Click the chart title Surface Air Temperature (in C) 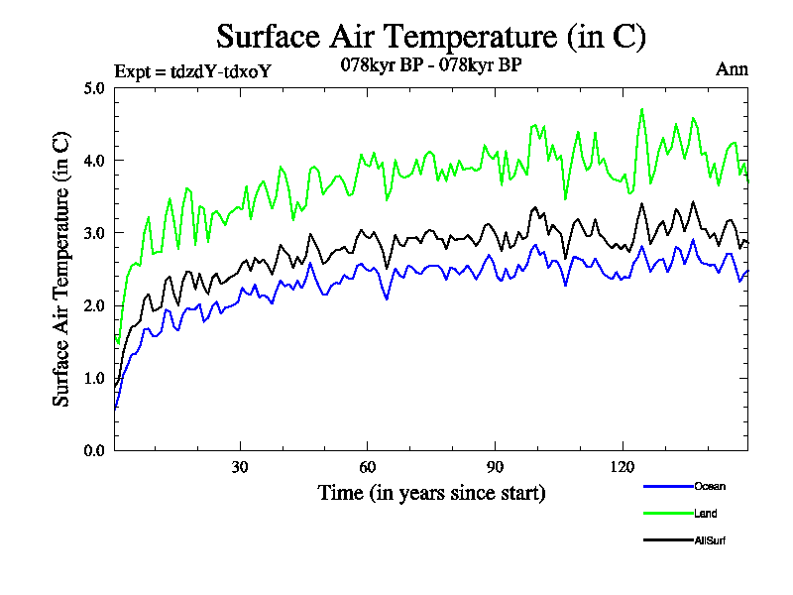point(431,37)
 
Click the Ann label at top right point(732,69)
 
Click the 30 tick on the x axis point(240,467)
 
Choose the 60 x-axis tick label point(368,467)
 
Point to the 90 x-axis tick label point(495,467)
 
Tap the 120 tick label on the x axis point(623,467)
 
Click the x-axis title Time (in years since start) point(431,492)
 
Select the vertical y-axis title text point(61,269)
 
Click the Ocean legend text point(710,486)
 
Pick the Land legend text point(706,514)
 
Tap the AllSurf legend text point(712,540)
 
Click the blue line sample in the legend point(667,486)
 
